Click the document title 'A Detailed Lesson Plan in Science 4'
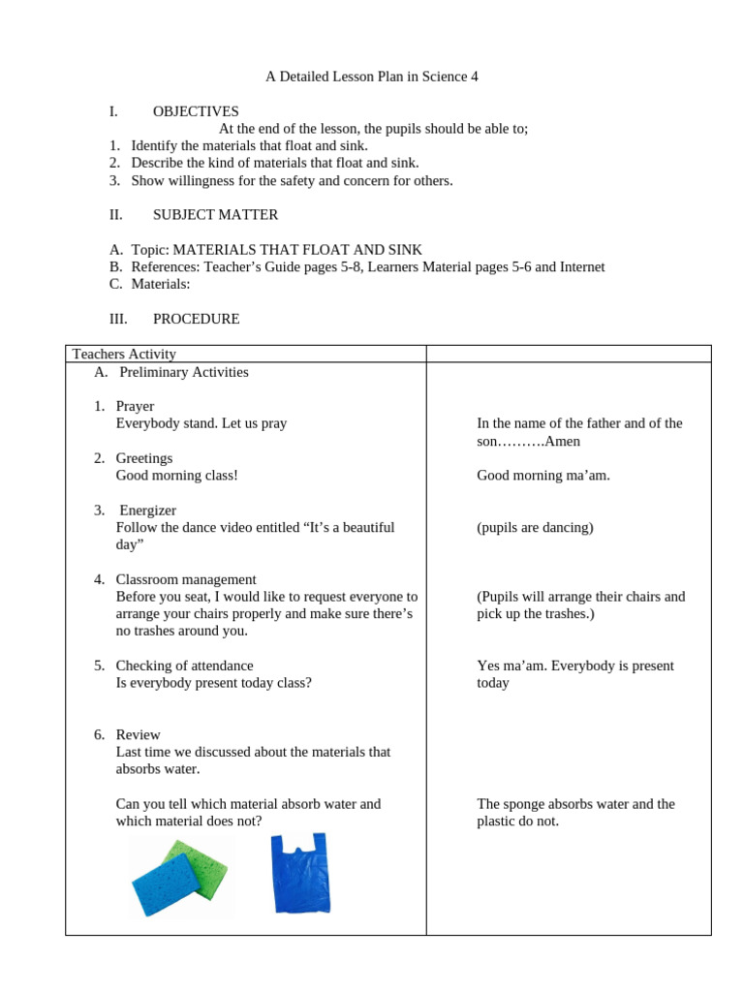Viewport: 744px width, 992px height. coord(372,77)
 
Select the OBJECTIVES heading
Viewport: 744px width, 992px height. coord(196,111)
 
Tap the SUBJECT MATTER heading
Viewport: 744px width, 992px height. coord(215,215)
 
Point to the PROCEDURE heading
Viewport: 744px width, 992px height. coord(196,319)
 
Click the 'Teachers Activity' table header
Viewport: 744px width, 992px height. coord(124,355)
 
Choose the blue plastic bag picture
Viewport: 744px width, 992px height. coord(300,873)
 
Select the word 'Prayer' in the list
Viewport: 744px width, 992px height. coord(135,406)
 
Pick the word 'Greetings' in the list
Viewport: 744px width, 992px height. coord(144,458)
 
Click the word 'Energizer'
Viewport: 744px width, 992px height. coord(147,511)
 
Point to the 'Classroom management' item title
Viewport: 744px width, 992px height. coord(186,579)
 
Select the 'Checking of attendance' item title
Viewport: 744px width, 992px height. coord(184,666)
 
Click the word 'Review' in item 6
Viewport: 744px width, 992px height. coord(138,734)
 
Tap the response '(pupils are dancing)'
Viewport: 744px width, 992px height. coord(535,528)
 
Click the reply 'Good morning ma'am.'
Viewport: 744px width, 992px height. coord(543,476)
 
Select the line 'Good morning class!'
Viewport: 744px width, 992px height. coord(176,476)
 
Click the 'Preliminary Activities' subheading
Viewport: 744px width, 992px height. coord(184,372)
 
